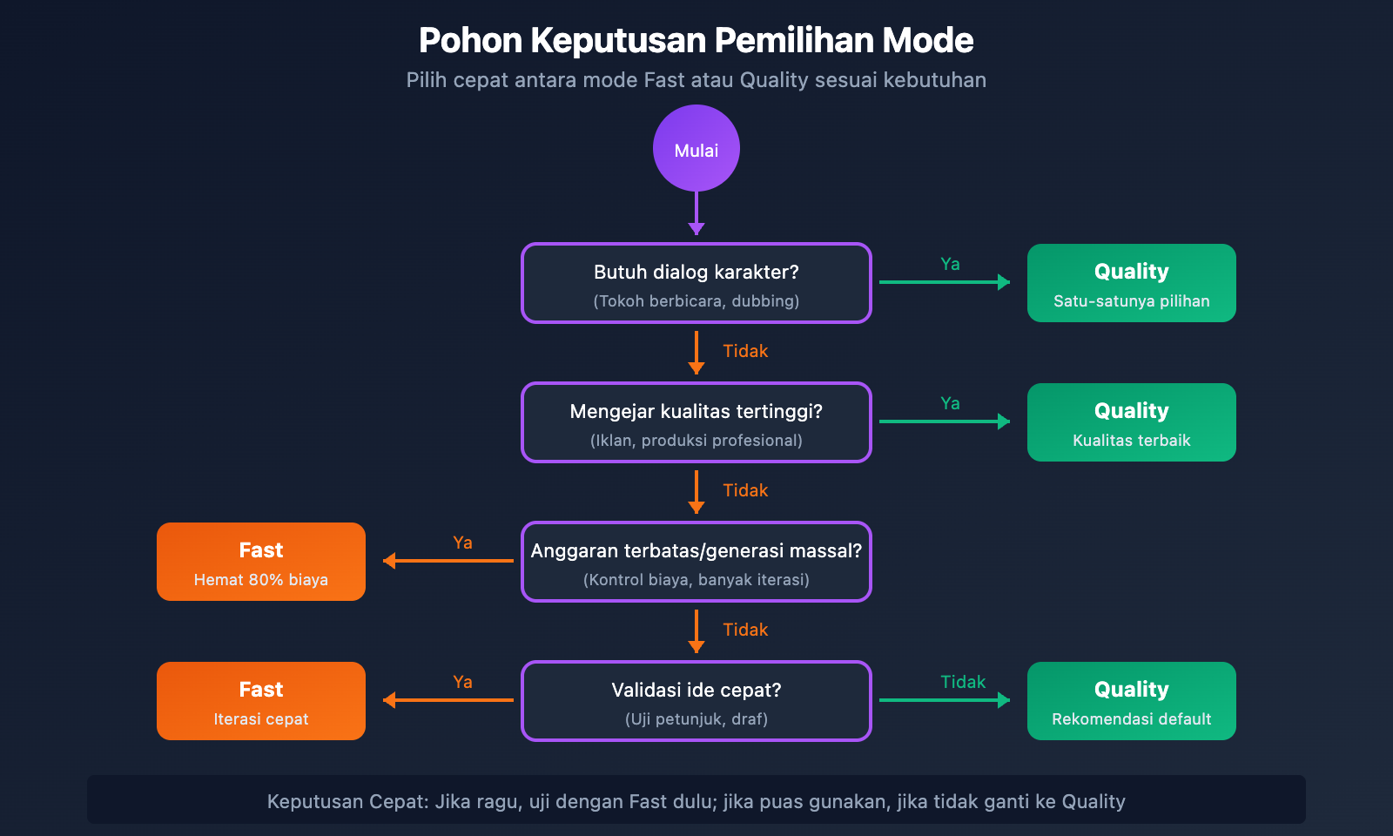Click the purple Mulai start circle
coord(696,149)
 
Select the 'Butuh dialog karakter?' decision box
coord(696,283)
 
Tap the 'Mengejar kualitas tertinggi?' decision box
coord(696,422)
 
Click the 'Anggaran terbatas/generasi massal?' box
coord(696,562)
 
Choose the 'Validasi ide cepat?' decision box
coord(696,701)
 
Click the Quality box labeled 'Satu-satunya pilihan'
coord(1132,283)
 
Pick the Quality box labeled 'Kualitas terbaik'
coord(1132,422)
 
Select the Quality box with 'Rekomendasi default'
coord(1132,701)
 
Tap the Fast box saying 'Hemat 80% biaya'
coord(261,562)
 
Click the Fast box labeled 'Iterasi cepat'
coord(261,701)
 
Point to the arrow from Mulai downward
coord(696,212)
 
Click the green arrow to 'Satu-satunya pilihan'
coord(945,282)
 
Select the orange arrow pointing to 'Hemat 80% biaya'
coord(448,561)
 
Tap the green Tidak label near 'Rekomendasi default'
coord(963,682)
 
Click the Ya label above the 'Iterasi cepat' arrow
coord(462,682)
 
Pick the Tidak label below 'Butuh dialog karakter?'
coord(745,351)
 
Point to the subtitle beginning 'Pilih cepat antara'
coord(696,80)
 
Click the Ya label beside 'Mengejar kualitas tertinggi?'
coord(950,403)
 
